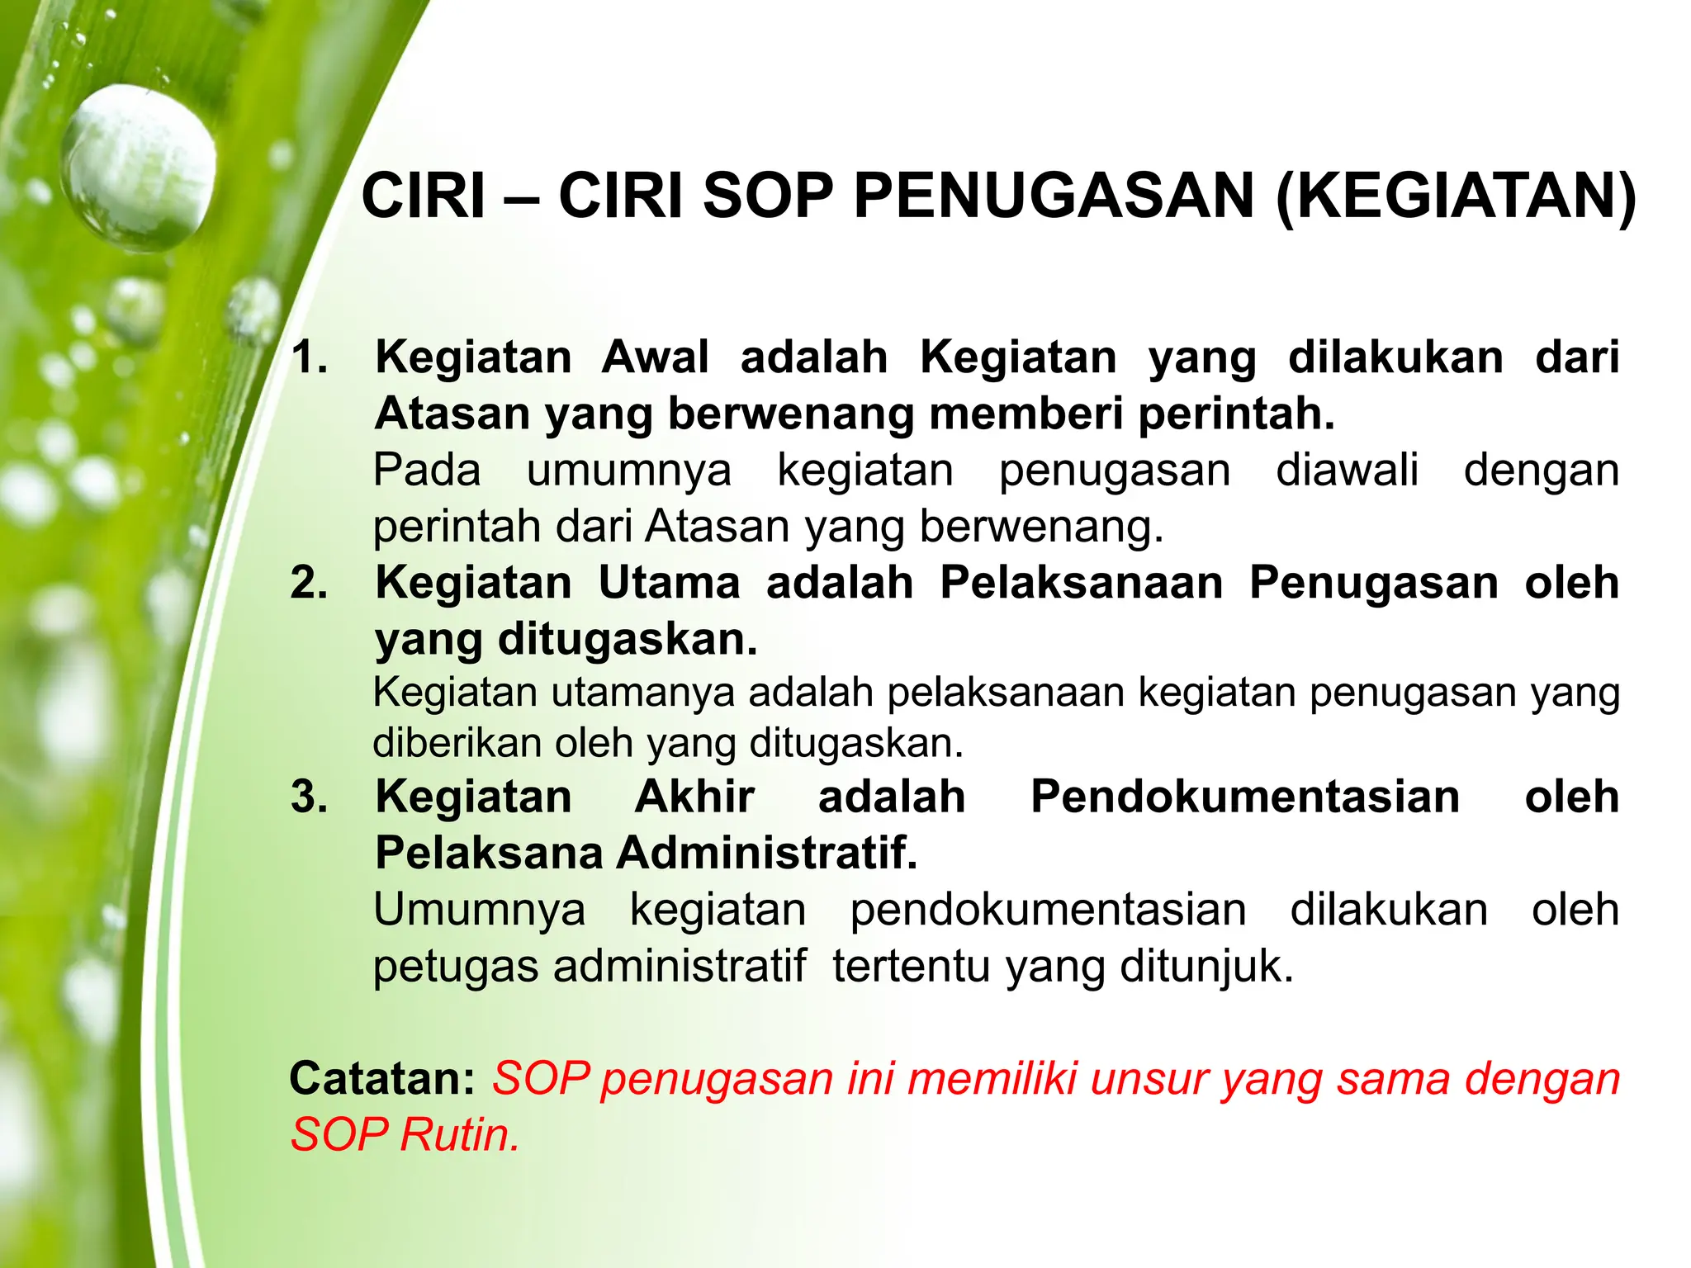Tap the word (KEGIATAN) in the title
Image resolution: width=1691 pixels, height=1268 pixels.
click(1456, 198)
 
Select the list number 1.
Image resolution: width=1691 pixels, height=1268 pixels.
click(310, 357)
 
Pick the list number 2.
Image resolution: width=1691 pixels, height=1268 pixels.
click(310, 583)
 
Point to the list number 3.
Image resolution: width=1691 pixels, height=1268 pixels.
click(310, 797)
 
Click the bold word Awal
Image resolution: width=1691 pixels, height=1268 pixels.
click(655, 357)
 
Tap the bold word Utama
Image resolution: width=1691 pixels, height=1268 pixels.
click(670, 583)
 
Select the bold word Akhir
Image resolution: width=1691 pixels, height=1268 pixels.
click(694, 797)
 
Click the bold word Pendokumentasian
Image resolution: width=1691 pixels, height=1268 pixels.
click(1245, 797)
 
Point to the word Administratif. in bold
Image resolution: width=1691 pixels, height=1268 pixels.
click(767, 853)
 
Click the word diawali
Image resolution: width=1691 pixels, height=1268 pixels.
click(1347, 471)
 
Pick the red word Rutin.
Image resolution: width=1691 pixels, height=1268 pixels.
click(460, 1135)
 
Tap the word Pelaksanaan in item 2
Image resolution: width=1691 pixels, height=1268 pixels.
click(1082, 583)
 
